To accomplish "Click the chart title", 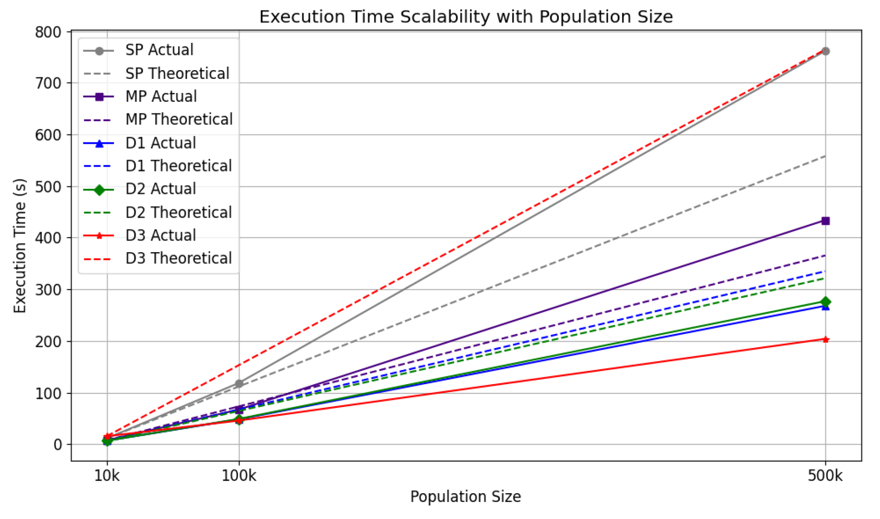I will click(x=465, y=17).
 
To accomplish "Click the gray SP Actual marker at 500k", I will click(x=825, y=51).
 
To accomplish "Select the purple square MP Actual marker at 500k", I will click(x=825, y=221).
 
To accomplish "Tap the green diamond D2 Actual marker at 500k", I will click(x=825, y=302).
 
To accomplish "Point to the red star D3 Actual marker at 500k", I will click(x=825, y=339).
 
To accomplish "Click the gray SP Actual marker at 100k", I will click(x=238, y=384).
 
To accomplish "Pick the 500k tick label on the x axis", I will click(x=825, y=476).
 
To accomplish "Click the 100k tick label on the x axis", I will click(x=238, y=476).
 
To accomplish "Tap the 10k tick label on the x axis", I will click(x=107, y=476).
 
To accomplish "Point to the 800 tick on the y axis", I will click(x=48, y=32).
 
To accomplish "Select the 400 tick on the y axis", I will click(x=48, y=238).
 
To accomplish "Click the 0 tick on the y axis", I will click(x=57, y=445).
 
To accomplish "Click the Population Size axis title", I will click(x=465, y=497).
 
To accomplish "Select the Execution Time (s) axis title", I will click(x=19, y=246).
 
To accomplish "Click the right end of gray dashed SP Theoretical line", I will click(x=825, y=156).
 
